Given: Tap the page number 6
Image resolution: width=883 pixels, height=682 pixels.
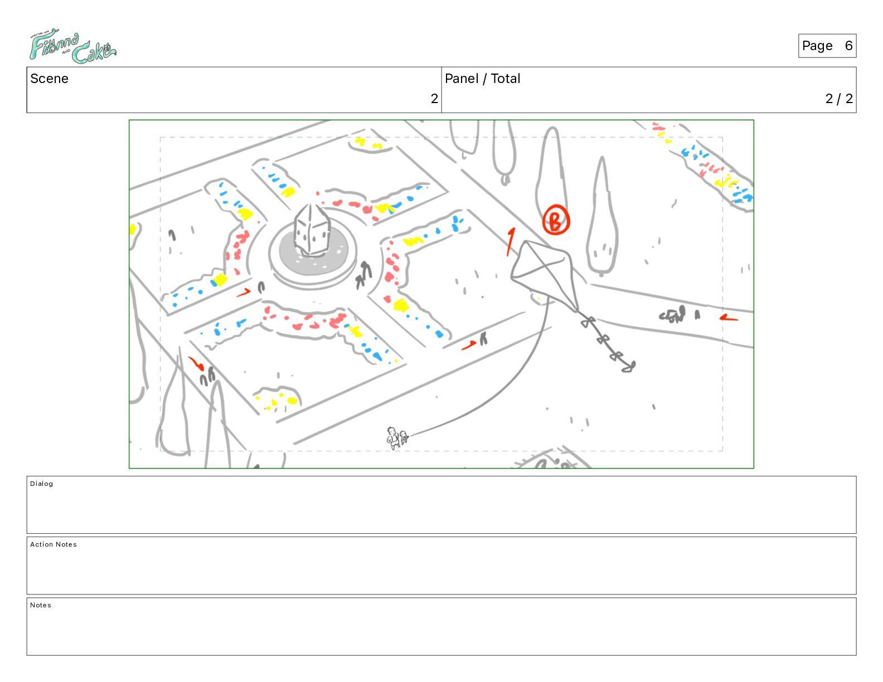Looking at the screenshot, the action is [x=848, y=46].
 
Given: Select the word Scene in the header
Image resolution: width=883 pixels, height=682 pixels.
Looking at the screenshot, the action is [x=49, y=79].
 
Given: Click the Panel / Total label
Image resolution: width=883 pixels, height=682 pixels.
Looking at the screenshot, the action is [x=482, y=79].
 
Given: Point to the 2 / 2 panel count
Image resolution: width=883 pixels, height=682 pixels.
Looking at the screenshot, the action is [x=839, y=98].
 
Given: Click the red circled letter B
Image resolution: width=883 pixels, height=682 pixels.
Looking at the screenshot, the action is [x=556, y=220].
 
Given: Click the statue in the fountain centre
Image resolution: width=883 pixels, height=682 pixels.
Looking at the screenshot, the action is [x=312, y=230].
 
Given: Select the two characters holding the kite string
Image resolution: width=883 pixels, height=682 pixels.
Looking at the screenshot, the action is [x=397, y=438].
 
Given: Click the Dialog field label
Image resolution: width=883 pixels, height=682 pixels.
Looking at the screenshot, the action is [x=41, y=484].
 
